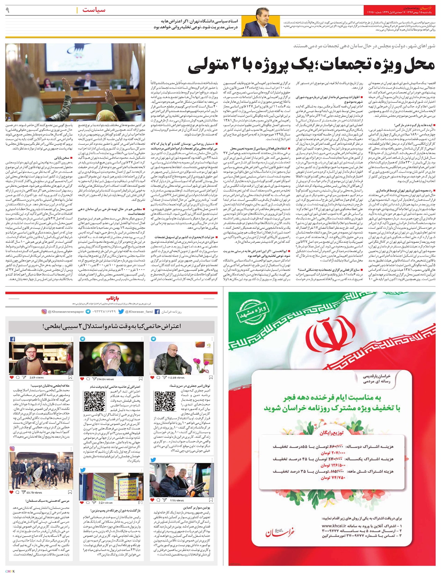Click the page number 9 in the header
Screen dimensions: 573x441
click(7, 10)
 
